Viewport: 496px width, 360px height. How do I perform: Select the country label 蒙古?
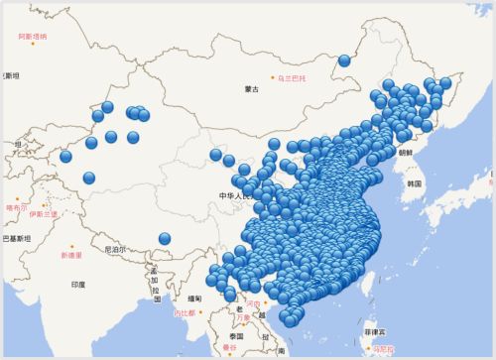click(x=252, y=90)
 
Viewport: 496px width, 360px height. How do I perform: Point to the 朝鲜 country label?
click(x=406, y=153)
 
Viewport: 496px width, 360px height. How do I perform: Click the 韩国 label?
click(x=414, y=183)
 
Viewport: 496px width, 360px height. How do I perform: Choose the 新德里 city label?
click(x=71, y=255)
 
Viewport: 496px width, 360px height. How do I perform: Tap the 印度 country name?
click(x=77, y=285)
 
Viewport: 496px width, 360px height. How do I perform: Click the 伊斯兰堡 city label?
click(x=44, y=213)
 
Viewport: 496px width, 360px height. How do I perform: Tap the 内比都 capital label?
click(x=186, y=314)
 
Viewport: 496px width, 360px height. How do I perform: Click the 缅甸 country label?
click(x=194, y=298)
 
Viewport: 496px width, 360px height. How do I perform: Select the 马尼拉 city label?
click(x=381, y=348)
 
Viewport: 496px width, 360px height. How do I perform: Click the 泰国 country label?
click(x=236, y=336)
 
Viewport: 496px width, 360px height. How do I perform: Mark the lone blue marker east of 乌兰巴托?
click(x=344, y=60)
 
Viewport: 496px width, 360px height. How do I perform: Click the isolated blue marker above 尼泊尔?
click(x=165, y=238)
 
